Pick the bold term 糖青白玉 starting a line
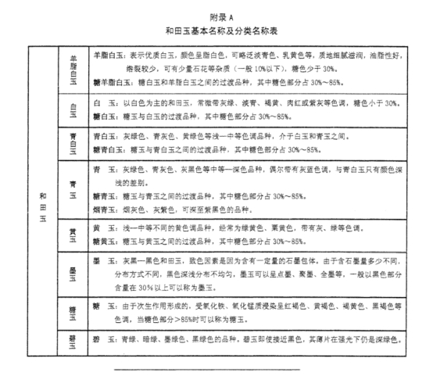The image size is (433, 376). click(106, 149)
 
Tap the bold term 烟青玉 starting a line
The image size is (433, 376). click(104, 210)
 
